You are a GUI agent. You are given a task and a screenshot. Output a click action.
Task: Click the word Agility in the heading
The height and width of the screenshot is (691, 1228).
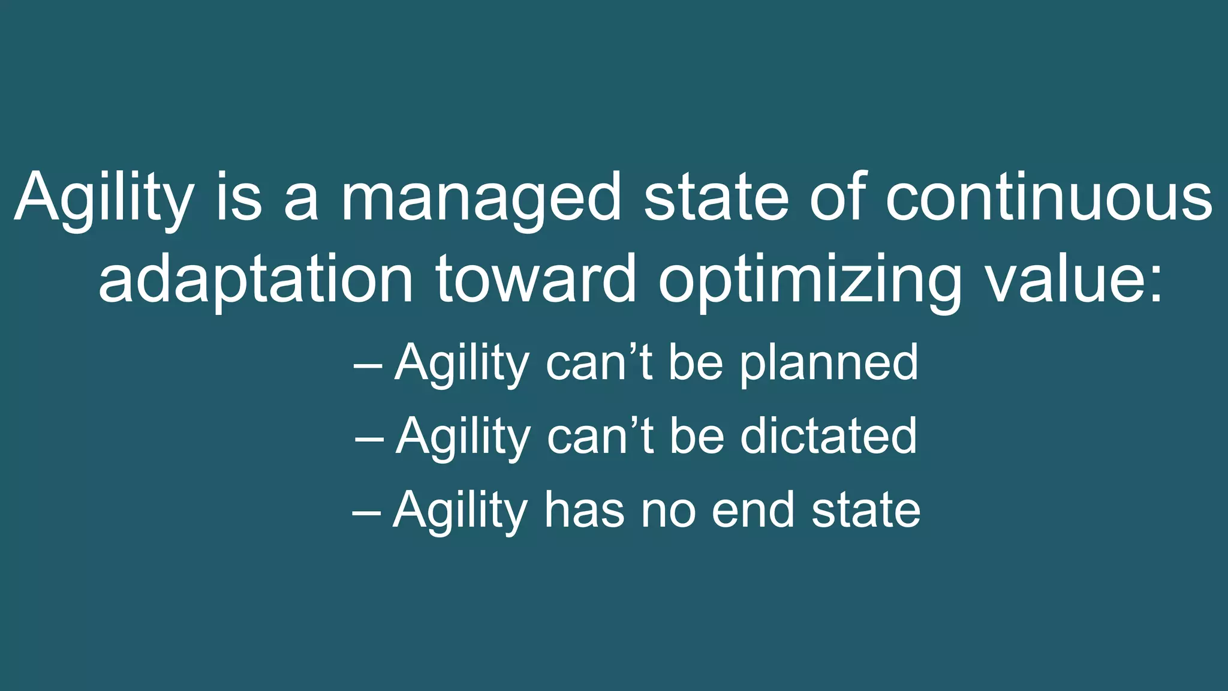point(104,198)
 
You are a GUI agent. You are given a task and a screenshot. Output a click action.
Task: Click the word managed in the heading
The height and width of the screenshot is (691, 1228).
point(481,198)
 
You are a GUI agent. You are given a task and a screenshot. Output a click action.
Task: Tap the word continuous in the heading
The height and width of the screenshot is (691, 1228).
point(1049,198)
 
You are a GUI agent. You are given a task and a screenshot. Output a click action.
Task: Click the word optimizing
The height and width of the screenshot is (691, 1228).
point(809,280)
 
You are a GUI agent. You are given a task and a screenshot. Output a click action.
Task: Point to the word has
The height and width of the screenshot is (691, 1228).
point(584,510)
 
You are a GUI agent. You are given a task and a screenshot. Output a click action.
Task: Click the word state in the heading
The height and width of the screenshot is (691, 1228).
point(716,198)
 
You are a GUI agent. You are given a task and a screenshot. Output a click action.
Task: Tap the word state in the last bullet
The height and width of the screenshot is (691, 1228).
point(866,510)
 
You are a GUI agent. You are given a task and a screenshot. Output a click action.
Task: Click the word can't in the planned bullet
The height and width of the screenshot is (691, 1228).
point(599,363)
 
